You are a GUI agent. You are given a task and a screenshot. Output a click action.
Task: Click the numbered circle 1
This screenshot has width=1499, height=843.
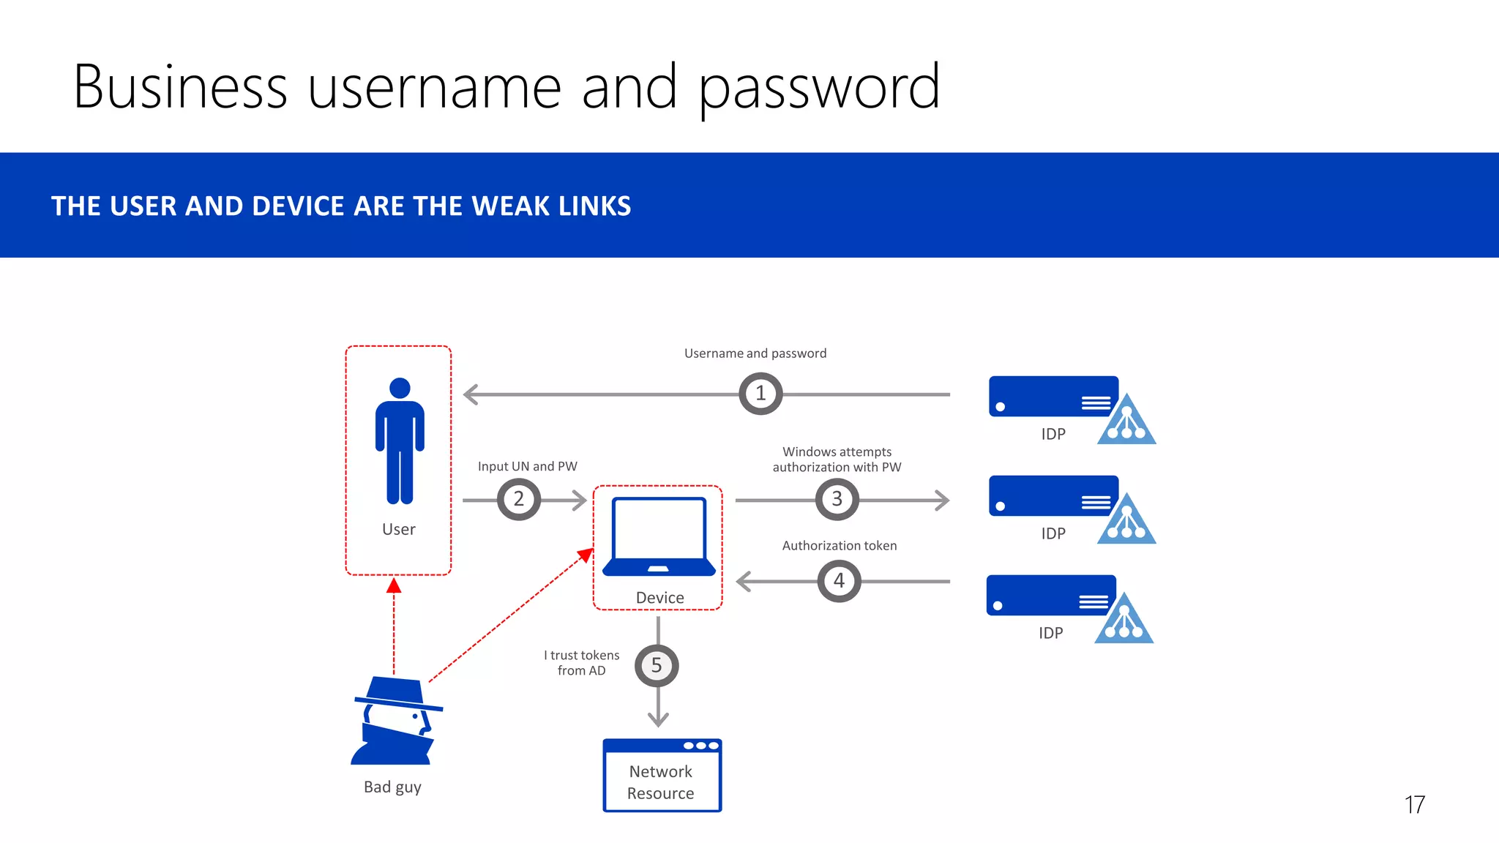tap(760, 394)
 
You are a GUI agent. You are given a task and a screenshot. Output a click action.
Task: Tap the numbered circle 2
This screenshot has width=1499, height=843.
tap(518, 500)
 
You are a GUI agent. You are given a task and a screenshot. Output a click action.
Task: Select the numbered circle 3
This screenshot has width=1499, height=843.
tap(837, 500)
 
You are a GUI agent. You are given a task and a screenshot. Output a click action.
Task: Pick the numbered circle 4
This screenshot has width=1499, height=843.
tap(839, 581)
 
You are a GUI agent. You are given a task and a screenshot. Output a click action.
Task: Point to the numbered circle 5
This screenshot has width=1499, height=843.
tap(657, 666)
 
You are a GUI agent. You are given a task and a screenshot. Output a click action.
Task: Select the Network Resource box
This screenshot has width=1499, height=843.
tap(662, 776)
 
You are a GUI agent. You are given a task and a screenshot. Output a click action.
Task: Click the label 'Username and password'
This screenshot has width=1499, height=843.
tap(755, 353)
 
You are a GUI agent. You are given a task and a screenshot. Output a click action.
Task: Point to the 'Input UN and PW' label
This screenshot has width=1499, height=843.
tap(527, 467)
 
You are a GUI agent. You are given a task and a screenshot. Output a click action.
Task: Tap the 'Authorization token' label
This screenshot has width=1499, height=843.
tap(840, 546)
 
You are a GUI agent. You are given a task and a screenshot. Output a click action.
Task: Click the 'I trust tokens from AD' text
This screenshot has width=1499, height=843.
tap(582, 663)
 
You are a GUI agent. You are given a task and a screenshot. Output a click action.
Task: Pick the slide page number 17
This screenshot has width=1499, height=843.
tap(1414, 805)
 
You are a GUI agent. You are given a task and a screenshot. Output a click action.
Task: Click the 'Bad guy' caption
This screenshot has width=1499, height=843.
tap(392, 787)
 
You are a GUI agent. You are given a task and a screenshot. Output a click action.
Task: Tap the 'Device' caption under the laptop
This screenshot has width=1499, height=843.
tap(659, 598)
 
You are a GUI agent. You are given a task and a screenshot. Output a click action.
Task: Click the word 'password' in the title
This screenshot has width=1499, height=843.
tap(819, 89)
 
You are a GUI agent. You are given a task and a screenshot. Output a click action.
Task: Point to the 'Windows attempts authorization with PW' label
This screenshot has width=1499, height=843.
tap(837, 460)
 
